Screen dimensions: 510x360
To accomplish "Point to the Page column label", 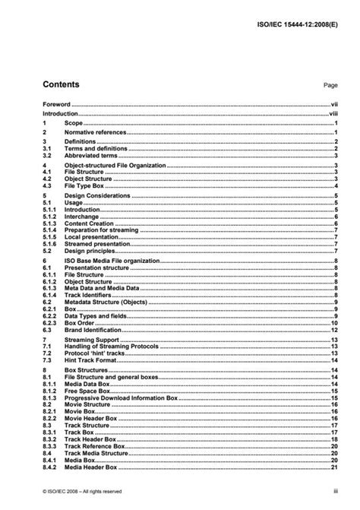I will click(330, 86).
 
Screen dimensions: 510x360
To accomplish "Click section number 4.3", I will click(46, 185).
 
